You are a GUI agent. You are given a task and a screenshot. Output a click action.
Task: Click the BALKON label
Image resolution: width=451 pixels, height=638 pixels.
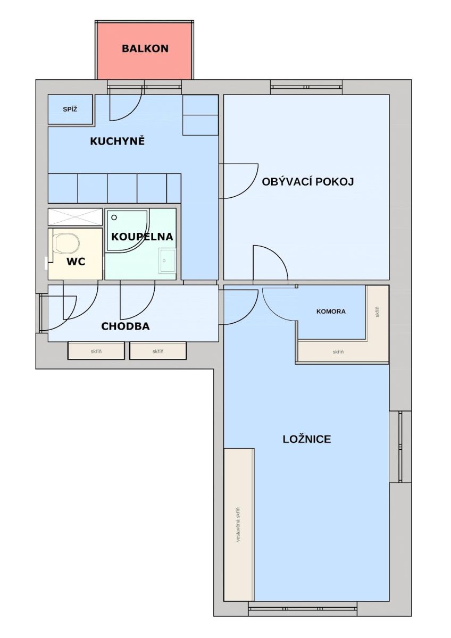click(145, 48)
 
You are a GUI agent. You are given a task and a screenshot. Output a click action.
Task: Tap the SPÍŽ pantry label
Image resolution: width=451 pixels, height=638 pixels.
click(70, 109)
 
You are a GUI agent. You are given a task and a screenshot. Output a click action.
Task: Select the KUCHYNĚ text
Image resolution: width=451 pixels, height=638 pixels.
click(118, 141)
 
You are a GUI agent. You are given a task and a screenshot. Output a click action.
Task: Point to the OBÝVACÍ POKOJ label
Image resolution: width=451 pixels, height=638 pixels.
click(308, 181)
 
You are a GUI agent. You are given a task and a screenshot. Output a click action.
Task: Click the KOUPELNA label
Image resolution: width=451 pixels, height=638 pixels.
click(142, 237)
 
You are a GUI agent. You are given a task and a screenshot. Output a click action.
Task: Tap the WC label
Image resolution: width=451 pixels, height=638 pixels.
click(76, 262)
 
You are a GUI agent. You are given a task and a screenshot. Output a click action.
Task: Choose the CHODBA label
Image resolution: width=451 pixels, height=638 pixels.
click(126, 326)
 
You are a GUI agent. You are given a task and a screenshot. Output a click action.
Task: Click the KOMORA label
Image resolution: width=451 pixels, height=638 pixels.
click(331, 312)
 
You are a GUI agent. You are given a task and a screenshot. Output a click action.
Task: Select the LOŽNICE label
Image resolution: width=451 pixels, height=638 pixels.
click(307, 439)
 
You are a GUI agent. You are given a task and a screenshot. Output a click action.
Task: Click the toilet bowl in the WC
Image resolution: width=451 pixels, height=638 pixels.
click(67, 244)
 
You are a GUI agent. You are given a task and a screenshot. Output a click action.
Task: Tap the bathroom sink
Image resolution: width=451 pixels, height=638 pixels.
click(167, 260)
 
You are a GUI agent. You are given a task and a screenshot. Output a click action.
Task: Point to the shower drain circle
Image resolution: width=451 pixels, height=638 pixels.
click(114, 217)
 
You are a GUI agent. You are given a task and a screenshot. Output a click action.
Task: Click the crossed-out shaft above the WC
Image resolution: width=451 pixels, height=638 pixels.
click(75, 217)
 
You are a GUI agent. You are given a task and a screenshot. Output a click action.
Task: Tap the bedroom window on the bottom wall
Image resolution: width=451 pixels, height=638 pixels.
click(303, 607)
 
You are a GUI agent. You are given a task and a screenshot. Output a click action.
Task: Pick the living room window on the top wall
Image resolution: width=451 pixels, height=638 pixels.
click(306, 87)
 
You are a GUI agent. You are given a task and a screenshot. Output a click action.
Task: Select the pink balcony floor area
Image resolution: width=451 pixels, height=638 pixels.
click(144, 51)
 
